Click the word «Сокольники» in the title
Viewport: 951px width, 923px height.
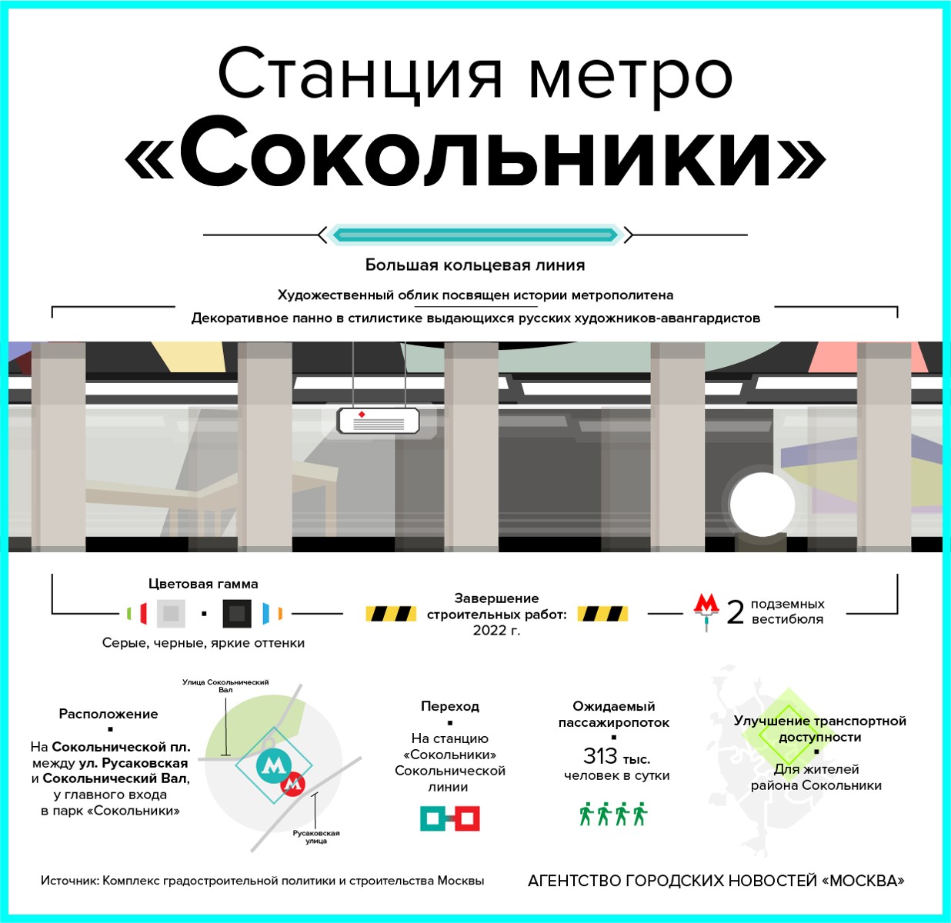(475, 156)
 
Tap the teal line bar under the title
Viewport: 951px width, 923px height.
(475, 235)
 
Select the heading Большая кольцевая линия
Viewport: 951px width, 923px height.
(475, 265)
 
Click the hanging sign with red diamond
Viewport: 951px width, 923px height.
(378, 421)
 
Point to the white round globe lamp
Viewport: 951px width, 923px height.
(761, 505)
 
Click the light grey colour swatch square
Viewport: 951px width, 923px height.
(171, 614)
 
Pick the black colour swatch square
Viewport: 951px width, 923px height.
(237, 614)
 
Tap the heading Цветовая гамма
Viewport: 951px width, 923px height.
(203, 584)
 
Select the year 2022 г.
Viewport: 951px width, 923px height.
(496, 631)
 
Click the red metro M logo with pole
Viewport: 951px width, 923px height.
(706, 610)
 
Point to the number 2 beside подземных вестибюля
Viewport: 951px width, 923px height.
(736, 613)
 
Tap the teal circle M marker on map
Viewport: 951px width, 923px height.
(272, 765)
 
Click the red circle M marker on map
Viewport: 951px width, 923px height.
(292, 785)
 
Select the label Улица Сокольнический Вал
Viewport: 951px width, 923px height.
(225, 685)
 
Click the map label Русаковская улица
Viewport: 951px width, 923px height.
(316, 837)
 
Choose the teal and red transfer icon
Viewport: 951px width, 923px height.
(450, 818)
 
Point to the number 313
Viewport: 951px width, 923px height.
(600, 756)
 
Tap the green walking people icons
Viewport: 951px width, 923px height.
(613, 814)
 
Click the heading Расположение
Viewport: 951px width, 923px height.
(108, 714)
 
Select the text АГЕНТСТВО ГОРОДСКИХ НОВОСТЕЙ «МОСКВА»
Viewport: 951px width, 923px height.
(716, 881)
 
